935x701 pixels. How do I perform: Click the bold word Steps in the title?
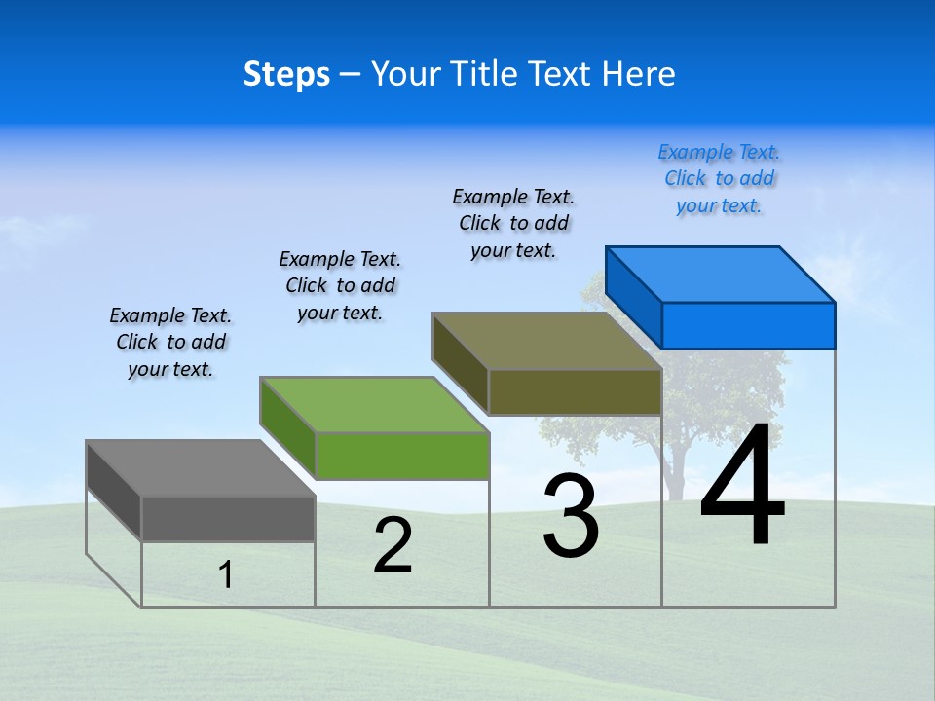click(286, 74)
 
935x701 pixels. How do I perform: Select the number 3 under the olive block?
click(571, 516)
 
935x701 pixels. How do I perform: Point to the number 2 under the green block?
click(393, 545)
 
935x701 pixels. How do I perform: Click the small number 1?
click(226, 574)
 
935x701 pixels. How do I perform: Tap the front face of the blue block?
click(748, 325)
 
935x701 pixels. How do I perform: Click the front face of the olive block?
click(575, 392)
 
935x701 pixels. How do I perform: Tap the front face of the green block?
click(401, 456)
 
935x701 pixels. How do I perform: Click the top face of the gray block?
click(201, 468)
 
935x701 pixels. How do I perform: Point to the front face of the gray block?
click(228, 519)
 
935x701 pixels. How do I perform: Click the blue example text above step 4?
click(719, 179)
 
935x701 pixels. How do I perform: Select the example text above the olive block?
click(513, 223)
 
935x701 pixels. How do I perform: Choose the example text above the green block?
click(340, 285)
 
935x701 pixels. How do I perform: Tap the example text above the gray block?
click(170, 342)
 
